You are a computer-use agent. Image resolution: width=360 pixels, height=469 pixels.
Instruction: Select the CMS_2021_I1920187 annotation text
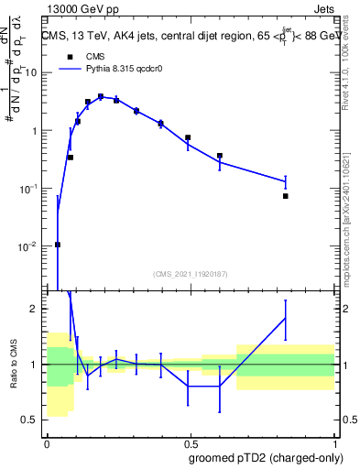click(191, 274)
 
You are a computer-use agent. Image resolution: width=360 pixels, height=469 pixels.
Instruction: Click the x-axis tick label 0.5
click(191, 441)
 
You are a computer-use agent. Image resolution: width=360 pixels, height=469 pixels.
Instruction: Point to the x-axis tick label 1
click(334, 441)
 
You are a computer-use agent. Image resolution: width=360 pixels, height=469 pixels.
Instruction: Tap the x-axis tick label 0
click(47, 441)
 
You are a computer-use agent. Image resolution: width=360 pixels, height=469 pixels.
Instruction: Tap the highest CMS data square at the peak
click(101, 96)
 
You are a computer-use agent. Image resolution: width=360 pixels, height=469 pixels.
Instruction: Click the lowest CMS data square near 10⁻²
click(58, 245)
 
